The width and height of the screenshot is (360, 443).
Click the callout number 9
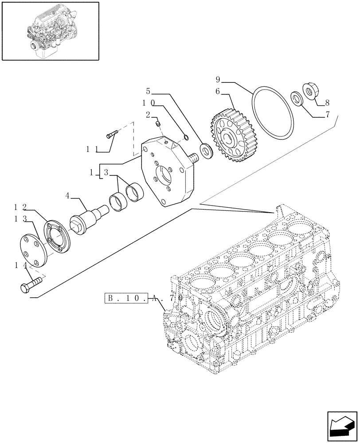218,80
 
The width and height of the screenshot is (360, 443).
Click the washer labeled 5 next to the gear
206,150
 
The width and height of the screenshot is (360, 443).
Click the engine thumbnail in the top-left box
50,31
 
